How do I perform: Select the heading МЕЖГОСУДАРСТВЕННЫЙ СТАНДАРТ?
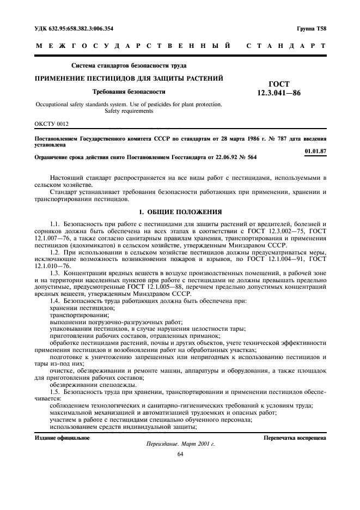(x=180, y=47)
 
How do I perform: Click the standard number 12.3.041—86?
(x=278, y=93)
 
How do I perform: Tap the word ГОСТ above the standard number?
(x=279, y=84)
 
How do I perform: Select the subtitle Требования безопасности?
(x=129, y=92)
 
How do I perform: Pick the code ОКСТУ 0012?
(x=52, y=124)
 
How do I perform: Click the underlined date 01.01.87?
(x=315, y=151)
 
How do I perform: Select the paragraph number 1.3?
(x=54, y=271)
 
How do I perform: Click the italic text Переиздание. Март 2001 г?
(x=180, y=445)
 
